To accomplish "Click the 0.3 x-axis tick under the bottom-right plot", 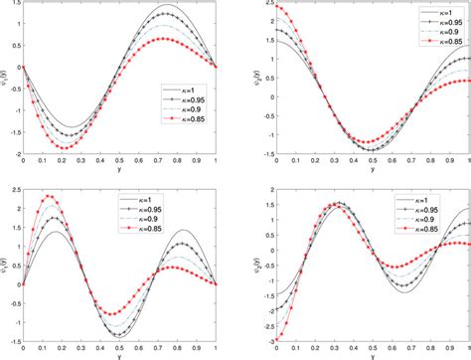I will pos(331,349).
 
